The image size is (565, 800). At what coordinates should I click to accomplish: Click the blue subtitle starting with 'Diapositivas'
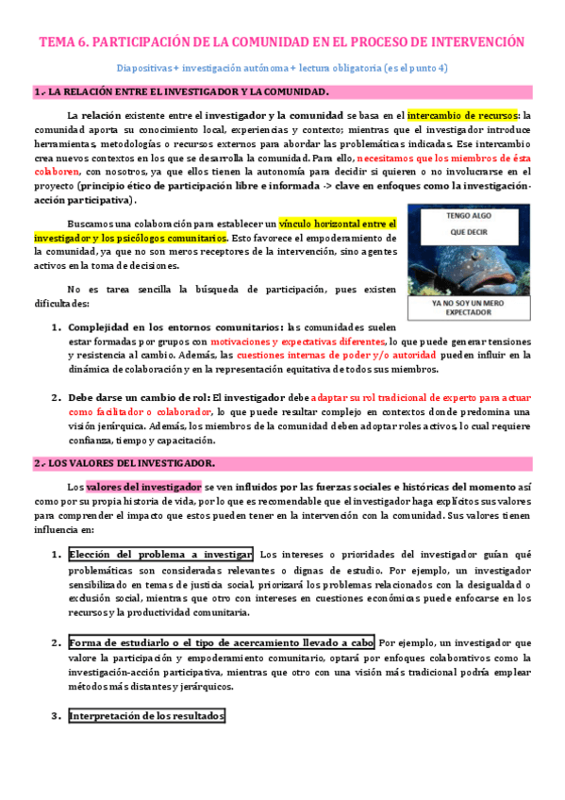282,68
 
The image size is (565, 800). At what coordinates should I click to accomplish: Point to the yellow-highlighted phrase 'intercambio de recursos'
462,114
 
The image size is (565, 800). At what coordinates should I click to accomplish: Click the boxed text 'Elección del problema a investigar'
160,553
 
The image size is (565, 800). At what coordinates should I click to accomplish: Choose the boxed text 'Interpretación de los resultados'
146,716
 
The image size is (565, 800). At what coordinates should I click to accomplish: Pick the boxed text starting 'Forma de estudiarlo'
222,642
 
